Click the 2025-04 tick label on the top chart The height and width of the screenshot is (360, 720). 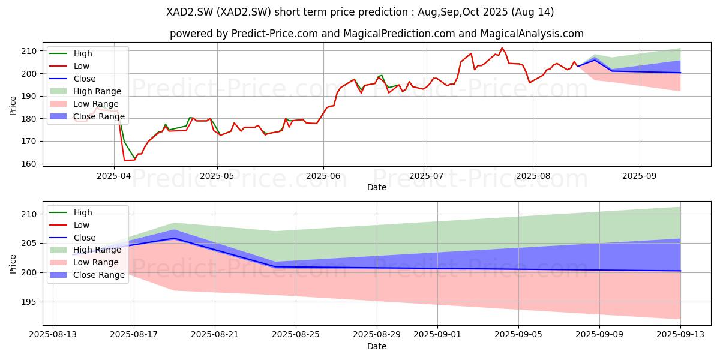pos(114,176)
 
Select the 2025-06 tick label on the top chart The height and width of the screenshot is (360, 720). pos(323,176)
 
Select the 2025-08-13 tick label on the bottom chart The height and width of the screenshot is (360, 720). pos(53,335)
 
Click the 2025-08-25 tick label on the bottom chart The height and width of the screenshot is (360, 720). pos(296,335)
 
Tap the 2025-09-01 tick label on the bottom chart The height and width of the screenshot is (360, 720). pos(437,335)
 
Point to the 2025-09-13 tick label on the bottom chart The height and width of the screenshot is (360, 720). pos(680,335)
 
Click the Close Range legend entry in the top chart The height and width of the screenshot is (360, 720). pos(87,116)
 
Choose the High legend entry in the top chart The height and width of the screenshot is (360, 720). pos(71,53)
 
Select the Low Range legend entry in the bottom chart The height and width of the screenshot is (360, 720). pos(84,262)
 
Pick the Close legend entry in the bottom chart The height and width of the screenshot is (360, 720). pos(73,238)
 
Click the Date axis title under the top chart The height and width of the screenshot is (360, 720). pos(377,187)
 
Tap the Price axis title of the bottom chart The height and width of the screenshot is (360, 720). pos(13,264)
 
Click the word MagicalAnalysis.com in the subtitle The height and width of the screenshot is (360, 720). pos(532,34)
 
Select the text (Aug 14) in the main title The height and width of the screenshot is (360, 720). pos(533,12)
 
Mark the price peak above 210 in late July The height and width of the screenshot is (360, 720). pos(502,48)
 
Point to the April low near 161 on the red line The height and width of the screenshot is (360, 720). pos(124,160)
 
